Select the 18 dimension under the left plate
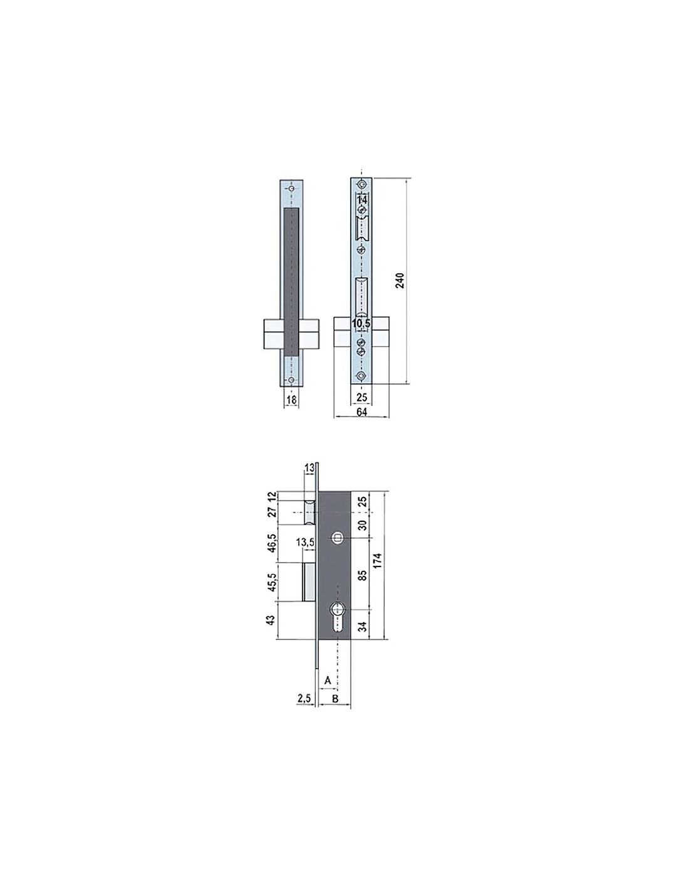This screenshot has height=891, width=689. [x=291, y=400]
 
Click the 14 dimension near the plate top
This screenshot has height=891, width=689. [x=361, y=200]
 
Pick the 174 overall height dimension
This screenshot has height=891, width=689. [x=378, y=560]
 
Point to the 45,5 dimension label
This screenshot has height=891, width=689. [x=272, y=582]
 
